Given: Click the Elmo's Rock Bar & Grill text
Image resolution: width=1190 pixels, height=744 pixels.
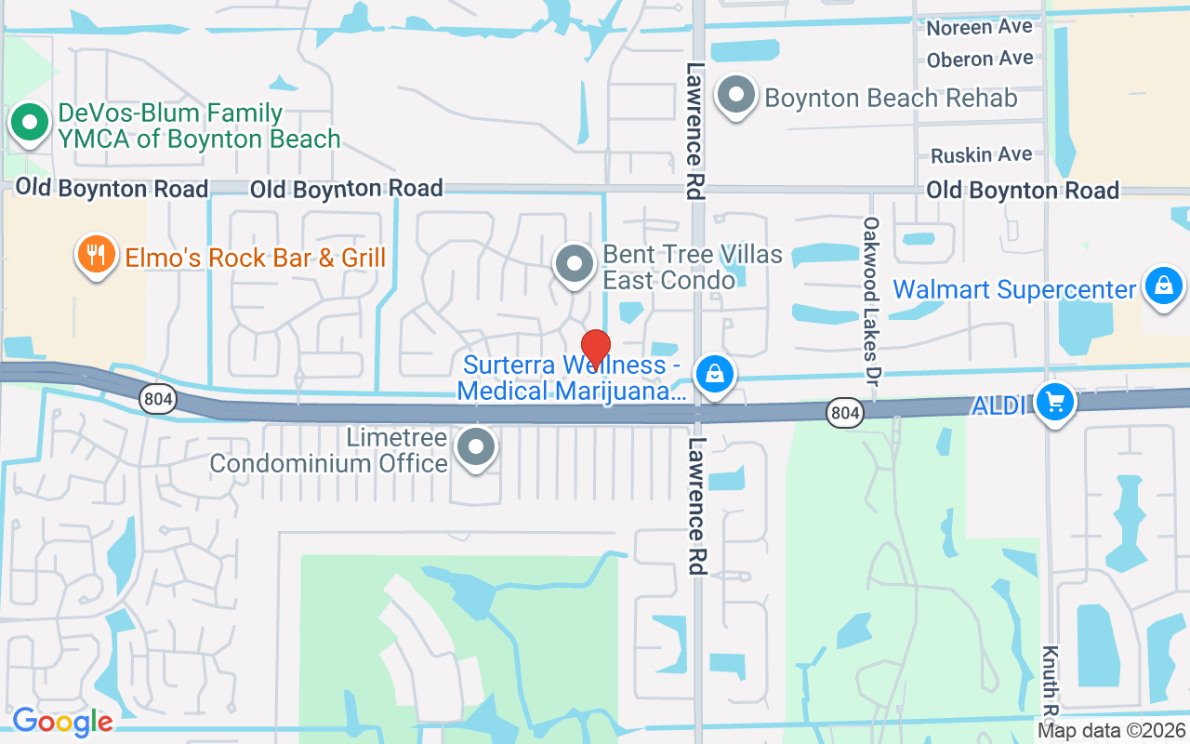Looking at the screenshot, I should (255, 258).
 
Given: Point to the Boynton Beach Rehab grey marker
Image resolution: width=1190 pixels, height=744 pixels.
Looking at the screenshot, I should (737, 95).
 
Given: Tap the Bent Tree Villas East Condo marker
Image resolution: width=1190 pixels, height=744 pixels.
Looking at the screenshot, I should (575, 263).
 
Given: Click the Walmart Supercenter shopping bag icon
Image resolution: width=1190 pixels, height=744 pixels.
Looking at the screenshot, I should (1163, 285).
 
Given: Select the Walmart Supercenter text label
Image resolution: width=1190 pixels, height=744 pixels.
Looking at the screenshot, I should (1013, 289).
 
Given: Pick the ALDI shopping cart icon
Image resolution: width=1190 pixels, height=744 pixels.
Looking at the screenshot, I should (1054, 403).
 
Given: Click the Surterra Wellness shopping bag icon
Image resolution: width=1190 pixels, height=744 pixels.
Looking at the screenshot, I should (714, 375).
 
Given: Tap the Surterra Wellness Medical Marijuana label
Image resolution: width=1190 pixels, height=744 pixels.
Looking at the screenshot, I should (571, 379).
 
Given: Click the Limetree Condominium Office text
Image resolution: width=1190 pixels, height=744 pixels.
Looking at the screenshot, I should (329, 450).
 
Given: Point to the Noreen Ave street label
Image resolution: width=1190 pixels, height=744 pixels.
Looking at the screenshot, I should (979, 28).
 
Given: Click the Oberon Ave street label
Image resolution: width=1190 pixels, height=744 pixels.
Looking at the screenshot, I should (980, 60).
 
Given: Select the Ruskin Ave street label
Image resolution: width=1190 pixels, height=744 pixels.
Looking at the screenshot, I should (981, 154).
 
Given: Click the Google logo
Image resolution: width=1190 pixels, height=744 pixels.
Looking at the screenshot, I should (62, 722).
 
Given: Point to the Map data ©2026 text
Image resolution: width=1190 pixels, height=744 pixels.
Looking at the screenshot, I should (1112, 731).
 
